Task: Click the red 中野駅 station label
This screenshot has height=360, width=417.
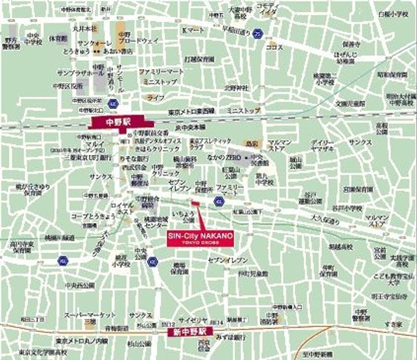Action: pyautogui.click(x=121, y=122)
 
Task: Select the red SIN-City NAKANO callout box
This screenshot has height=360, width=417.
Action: pyautogui.click(x=200, y=238)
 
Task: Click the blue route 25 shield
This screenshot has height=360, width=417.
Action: pyautogui.click(x=257, y=34)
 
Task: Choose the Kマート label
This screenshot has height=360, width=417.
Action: pyautogui.click(x=192, y=30)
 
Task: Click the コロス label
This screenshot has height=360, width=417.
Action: pyautogui.click(x=275, y=46)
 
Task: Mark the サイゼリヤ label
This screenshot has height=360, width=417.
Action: pyautogui.click(x=189, y=319)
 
